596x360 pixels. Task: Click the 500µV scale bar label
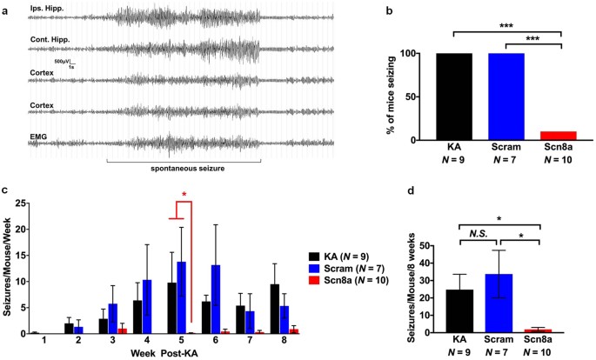pos(61,64)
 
